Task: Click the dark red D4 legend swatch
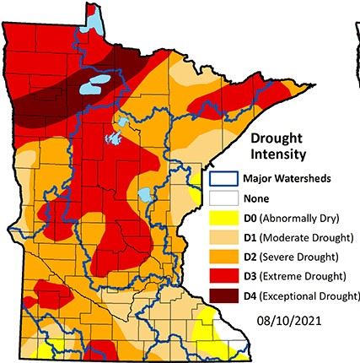point(223,295)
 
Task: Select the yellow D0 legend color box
point(223,217)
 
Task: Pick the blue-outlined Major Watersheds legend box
point(223,178)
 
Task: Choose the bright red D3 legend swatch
point(223,276)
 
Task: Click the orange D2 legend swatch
point(223,257)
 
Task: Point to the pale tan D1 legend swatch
point(223,237)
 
